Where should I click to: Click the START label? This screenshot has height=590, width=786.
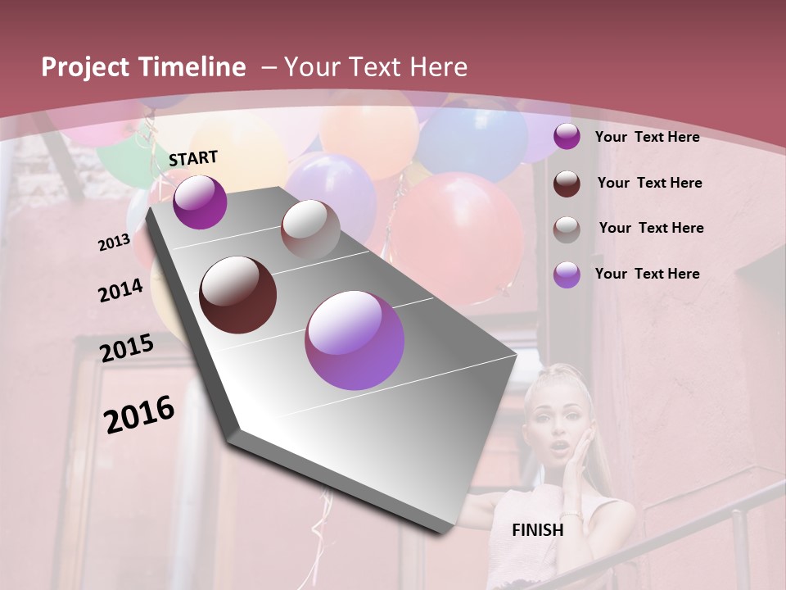(x=193, y=158)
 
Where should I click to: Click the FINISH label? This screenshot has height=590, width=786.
(x=537, y=530)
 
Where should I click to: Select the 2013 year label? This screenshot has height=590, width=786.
(x=114, y=243)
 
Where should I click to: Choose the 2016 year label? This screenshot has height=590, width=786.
(x=139, y=415)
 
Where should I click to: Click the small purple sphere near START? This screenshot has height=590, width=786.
(x=200, y=202)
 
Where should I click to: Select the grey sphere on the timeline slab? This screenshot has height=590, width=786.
(x=310, y=229)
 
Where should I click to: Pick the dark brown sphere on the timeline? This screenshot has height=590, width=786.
(x=238, y=295)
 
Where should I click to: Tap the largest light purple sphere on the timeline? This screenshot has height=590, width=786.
(x=355, y=340)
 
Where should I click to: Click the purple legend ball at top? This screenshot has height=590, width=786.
(x=567, y=137)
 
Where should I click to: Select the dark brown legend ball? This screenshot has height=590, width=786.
(x=567, y=183)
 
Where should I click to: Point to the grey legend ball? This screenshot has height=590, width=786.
(x=567, y=229)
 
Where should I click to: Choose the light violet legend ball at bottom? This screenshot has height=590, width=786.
(x=567, y=275)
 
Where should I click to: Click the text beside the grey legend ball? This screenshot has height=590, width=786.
(x=651, y=228)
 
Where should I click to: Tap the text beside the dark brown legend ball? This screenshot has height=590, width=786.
(x=649, y=183)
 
